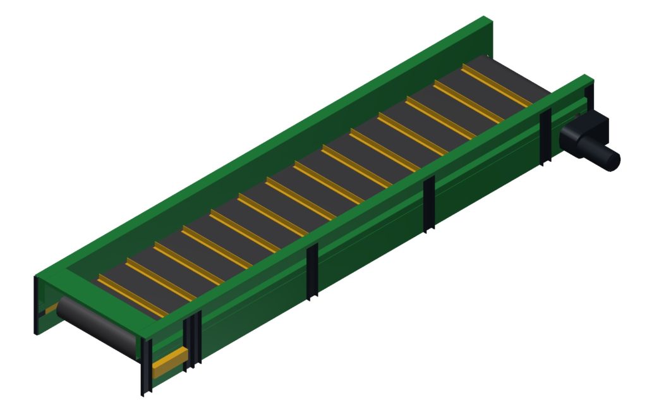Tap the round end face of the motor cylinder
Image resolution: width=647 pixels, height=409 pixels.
click(612, 159)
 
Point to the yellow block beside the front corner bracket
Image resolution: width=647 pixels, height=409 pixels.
click(169, 360)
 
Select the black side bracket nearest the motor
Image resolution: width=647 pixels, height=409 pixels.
click(545, 137)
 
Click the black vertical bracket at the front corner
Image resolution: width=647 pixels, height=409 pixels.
click(146, 367)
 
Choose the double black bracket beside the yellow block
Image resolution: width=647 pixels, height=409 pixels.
click(193, 338)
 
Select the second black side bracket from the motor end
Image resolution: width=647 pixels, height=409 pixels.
click(429, 204)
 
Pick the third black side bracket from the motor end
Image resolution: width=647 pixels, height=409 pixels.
click(312, 272)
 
